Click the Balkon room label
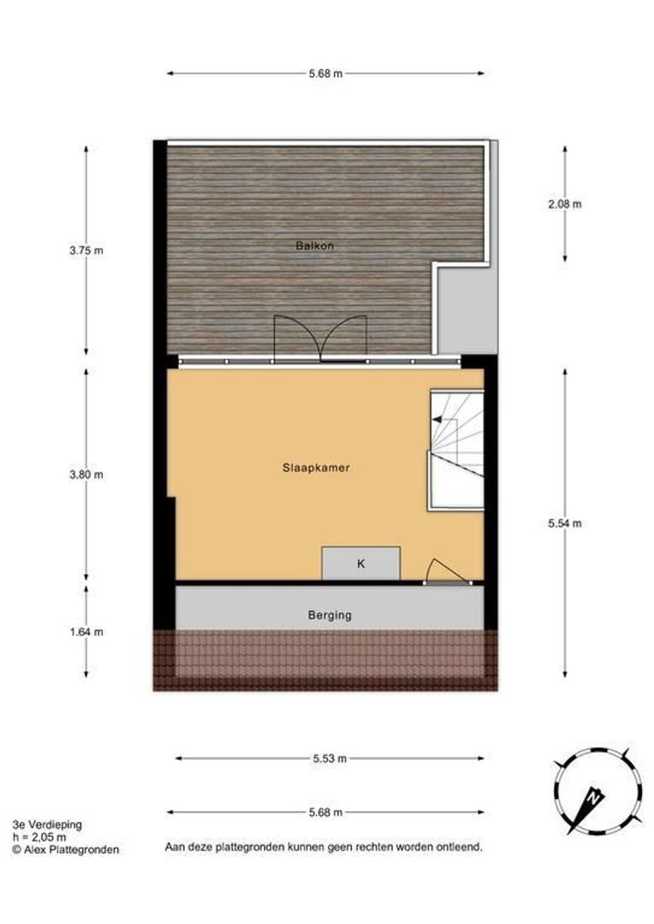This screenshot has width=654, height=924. [314, 246]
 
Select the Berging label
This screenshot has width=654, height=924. [330, 614]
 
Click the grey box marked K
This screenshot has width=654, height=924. [360, 564]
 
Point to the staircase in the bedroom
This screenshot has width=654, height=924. [456, 449]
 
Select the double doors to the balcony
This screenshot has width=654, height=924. [319, 338]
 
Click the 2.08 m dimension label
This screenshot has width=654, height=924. [565, 204]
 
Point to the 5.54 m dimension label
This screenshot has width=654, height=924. [565, 524]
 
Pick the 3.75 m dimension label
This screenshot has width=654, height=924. [86, 251]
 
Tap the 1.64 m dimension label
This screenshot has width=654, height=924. [86, 632]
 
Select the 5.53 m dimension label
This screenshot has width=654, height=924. [330, 758]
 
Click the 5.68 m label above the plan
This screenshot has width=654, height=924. [325, 74]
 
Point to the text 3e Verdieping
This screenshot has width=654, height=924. [47, 825]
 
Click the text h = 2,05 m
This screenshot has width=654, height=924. [39, 837]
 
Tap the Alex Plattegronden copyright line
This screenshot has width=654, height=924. [66, 850]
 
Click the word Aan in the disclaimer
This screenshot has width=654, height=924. [175, 847]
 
